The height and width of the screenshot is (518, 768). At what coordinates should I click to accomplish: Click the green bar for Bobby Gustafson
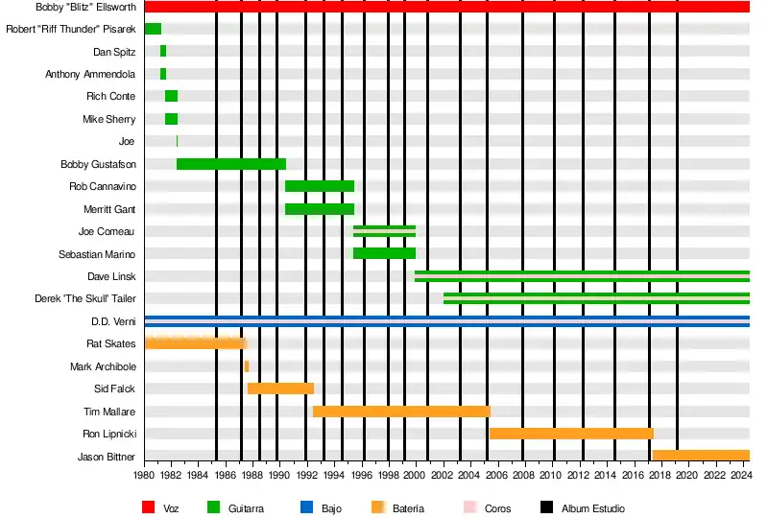coord(231,164)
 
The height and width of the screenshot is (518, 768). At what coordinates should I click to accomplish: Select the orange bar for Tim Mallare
coord(401,412)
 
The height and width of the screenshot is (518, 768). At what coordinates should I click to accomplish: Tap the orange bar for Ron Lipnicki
coord(571,434)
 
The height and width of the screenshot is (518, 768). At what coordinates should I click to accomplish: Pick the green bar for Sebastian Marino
coord(384,253)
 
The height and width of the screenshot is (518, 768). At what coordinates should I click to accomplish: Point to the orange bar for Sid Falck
coord(280,388)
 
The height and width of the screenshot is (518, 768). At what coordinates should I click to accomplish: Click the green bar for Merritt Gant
coord(320,209)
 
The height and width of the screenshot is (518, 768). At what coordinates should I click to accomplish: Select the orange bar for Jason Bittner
coord(701,456)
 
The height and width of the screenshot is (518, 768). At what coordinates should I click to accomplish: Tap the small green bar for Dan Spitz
coord(163,51)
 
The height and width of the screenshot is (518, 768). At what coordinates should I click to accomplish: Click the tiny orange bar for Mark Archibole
coord(247,366)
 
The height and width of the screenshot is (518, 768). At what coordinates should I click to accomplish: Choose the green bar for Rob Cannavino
coord(320,186)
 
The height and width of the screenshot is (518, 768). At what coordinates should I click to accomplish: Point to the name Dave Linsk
coord(111,276)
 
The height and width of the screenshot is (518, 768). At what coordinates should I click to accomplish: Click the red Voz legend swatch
coord(148,507)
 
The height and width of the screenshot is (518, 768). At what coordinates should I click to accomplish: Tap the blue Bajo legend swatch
coord(307,507)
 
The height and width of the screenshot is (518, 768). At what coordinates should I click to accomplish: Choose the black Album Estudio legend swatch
coord(546,507)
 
